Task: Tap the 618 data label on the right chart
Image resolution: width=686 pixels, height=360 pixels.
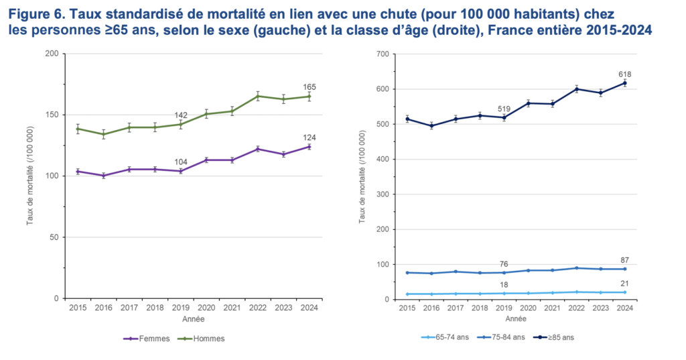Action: (x=625, y=74)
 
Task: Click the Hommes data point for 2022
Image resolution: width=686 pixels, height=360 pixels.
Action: (x=258, y=96)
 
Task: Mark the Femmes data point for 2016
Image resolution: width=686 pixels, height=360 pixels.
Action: (x=103, y=176)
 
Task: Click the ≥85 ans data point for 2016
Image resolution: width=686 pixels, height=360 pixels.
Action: (x=431, y=125)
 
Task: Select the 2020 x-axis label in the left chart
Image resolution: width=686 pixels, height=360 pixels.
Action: (x=206, y=308)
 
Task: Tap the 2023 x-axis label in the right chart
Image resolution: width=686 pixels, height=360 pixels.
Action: (x=600, y=309)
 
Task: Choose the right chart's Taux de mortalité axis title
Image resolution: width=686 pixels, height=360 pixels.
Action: (x=362, y=177)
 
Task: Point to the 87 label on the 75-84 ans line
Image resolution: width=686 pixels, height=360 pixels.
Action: (x=625, y=260)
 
